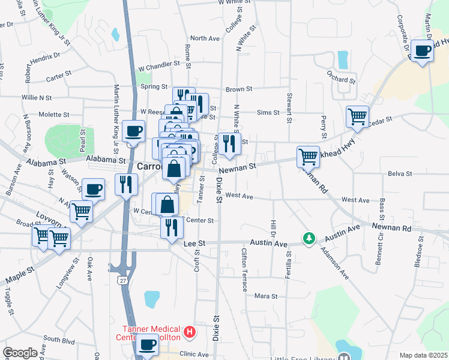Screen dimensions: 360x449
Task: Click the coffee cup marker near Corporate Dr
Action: pyautogui.click(x=423, y=51)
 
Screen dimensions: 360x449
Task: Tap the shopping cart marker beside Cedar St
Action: pyautogui.click(x=357, y=116)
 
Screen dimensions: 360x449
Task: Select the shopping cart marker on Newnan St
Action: pyautogui.click(x=308, y=157)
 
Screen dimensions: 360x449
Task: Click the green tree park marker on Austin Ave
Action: pyautogui.click(x=309, y=239)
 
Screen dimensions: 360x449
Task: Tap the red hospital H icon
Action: pyautogui.click(x=190, y=331)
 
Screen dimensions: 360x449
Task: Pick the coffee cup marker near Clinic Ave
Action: pyautogui.click(x=148, y=345)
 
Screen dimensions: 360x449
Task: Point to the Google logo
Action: pyautogui.click(x=20, y=353)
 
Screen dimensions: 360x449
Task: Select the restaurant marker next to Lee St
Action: pyautogui.click(x=172, y=227)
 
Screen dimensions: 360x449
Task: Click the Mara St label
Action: pyautogui.click(x=265, y=296)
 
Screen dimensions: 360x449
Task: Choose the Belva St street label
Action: pyautogui.click(x=400, y=173)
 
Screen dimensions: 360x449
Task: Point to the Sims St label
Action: pyautogui.click(x=268, y=112)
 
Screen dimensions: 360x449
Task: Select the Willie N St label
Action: pyautogui.click(x=37, y=97)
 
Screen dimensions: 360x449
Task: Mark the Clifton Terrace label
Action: pyautogui.click(x=244, y=269)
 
